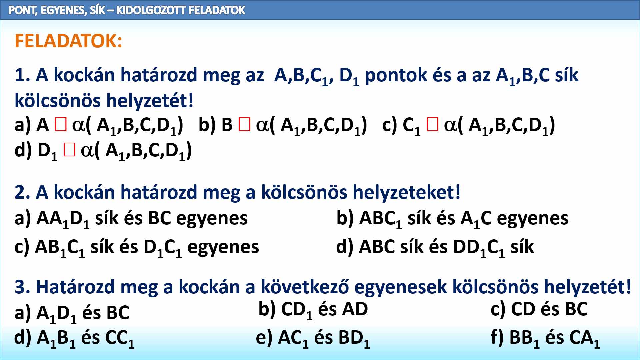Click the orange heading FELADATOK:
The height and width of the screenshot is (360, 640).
[x=68, y=41]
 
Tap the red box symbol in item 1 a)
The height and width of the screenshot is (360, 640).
[x=61, y=125]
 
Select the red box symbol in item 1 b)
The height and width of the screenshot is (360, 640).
[x=244, y=125]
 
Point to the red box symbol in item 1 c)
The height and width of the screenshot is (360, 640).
[x=432, y=125]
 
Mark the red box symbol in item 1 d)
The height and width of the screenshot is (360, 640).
[x=69, y=150]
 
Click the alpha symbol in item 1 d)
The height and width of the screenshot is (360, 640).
[x=87, y=151]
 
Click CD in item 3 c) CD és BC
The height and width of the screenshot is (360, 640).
[x=523, y=309]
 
